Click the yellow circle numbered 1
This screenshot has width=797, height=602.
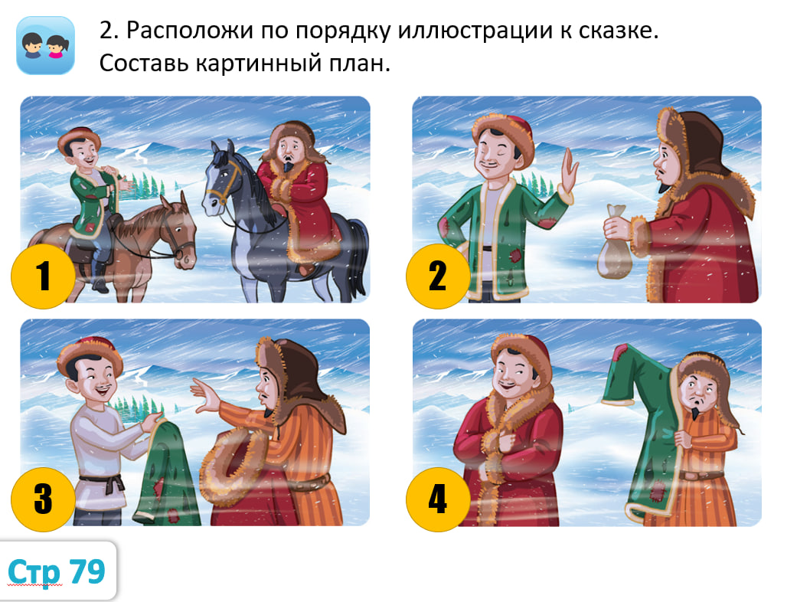click(x=43, y=276)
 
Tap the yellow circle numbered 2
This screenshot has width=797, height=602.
click(x=438, y=276)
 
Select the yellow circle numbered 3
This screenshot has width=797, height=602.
click(x=43, y=499)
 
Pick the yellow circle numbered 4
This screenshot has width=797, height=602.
click(x=438, y=499)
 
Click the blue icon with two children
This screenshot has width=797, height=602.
click(x=46, y=45)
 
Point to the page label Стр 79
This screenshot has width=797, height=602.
click(x=57, y=571)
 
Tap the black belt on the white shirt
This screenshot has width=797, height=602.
click(x=103, y=482)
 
